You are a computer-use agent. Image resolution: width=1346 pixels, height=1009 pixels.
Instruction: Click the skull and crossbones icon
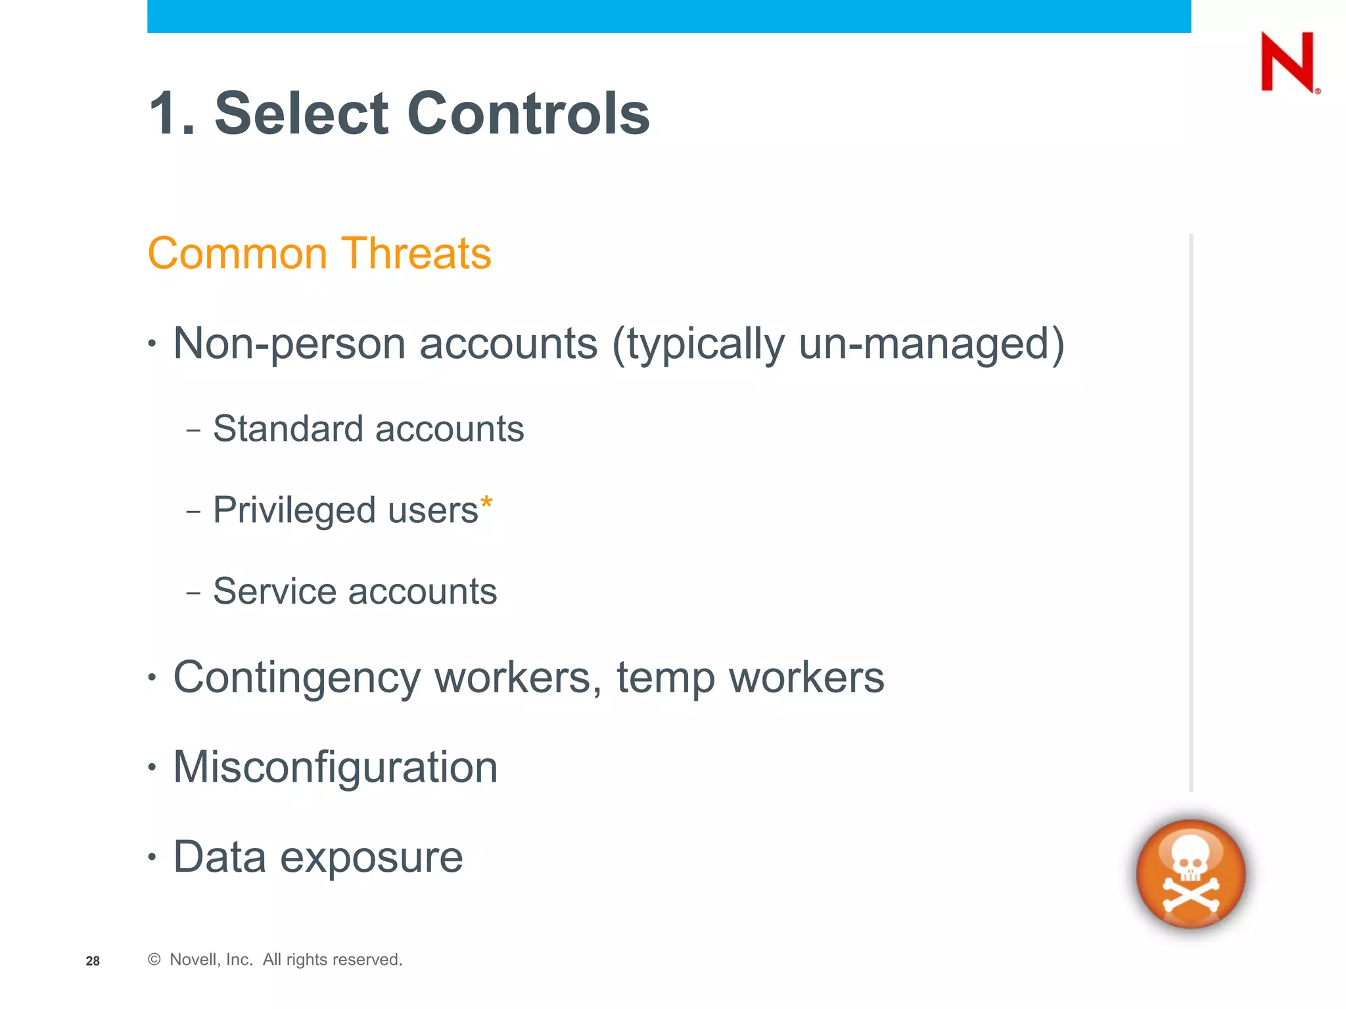pos(1191,874)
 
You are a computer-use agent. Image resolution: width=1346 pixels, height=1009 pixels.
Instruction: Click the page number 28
pos(93,961)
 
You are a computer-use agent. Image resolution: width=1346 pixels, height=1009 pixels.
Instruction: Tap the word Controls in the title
pos(528,114)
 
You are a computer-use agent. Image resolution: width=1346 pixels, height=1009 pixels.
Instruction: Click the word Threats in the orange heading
pos(415,254)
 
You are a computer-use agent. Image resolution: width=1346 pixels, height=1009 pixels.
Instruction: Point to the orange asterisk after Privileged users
pos(486,504)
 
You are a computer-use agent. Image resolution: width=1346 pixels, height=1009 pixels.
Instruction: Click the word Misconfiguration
pos(335,767)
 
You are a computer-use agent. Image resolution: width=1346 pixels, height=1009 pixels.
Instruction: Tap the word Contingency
pos(296,677)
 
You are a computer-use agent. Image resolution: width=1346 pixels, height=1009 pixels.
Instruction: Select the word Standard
pos(288,429)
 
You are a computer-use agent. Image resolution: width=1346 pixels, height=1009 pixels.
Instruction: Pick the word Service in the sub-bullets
pos(274,591)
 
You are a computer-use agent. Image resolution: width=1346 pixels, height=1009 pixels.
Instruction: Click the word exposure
pos(371,857)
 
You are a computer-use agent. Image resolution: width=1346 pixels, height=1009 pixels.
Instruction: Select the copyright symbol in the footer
pos(154,960)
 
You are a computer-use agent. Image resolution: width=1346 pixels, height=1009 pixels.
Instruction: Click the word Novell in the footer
pos(193,960)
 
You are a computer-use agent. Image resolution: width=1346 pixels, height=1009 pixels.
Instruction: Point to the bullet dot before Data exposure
pos(152,857)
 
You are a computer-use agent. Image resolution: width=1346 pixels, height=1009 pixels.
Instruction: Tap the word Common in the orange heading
pos(237,254)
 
